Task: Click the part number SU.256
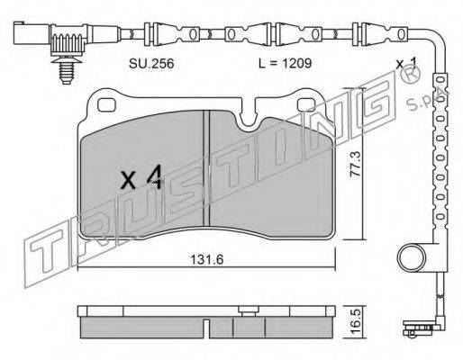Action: pyautogui.click(x=151, y=63)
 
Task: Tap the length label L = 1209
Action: pyautogui.click(x=286, y=63)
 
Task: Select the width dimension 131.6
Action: pyautogui.click(x=207, y=260)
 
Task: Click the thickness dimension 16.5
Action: pyautogui.click(x=357, y=321)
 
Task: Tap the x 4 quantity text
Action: pyautogui.click(x=141, y=178)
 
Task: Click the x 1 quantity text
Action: pyautogui.click(x=406, y=63)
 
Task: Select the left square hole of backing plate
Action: pyautogui.click(x=106, y=104)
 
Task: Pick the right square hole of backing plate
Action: pyautogui.click(x=306, y=104)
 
